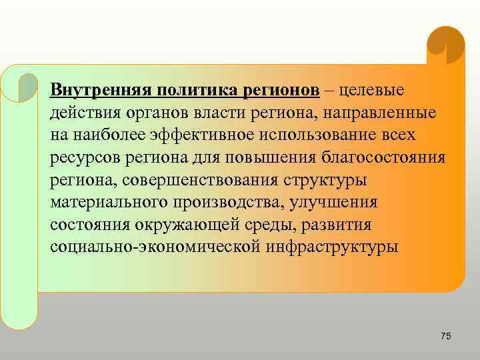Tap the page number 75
tap(446, 337)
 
